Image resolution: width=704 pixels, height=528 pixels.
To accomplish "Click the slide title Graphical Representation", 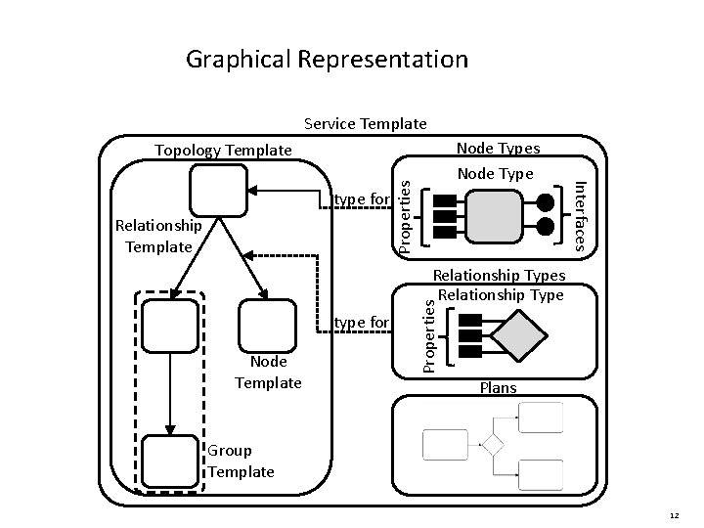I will click(x=327, y=60).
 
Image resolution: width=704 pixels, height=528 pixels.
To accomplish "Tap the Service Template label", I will click(x=365, y=124).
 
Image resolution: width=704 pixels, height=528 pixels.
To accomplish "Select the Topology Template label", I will click(x=223, y=150).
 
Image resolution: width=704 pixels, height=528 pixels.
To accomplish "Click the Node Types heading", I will click(x=498, y=148).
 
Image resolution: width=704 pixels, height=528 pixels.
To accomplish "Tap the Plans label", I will click(x=499, y=388).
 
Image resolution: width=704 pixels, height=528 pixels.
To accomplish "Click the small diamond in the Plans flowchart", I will click(x=492, y=446).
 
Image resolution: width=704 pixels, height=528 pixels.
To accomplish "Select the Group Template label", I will click(x=241, y=461).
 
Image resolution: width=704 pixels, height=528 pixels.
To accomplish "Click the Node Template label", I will click(x=268, y=373).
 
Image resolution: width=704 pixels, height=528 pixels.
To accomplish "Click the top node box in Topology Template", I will click(x=218, y=190).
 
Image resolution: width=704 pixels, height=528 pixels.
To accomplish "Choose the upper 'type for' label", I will click(x=362, y=200).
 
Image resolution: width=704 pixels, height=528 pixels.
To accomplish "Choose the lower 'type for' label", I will click(x=362, y=322).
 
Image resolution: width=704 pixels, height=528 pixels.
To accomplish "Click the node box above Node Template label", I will click(x=266, y=326).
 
